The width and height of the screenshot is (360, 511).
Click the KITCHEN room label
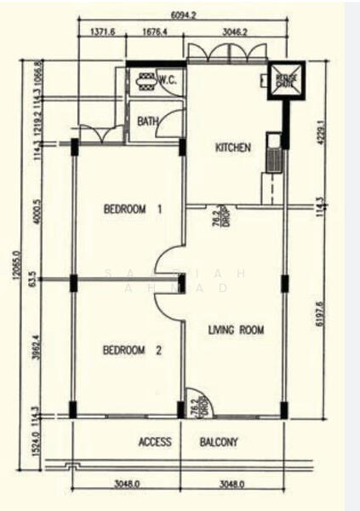click(x=232, y=147)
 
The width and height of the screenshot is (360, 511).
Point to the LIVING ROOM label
click(x=237, y=330)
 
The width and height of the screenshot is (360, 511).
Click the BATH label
click(x=147, y=122)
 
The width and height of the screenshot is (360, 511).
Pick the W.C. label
click(x=167, y=81)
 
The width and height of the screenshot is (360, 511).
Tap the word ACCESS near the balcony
click(x=155, y=443)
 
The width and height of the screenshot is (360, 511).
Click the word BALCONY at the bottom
click(x=219, y=443)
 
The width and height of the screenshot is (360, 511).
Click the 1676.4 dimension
click(x=155, y=32)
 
